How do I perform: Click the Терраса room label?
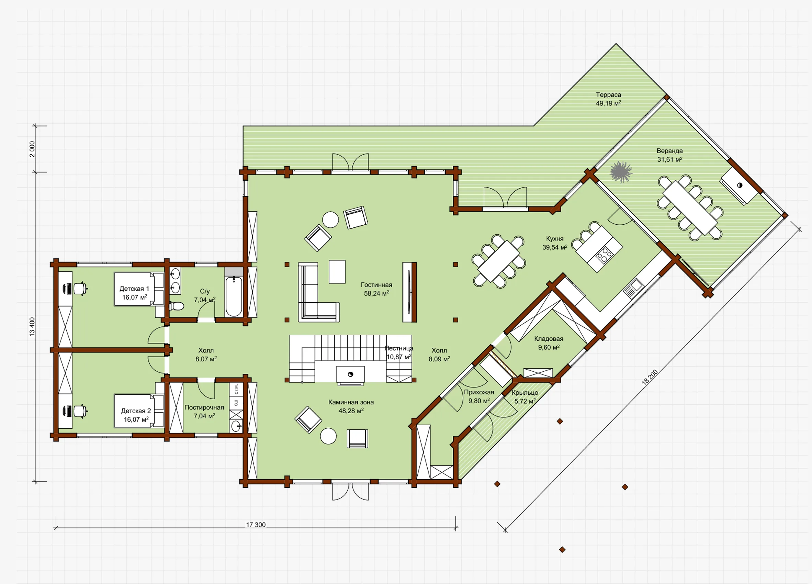tap(608, 94)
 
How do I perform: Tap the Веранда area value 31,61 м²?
tap(669, 159)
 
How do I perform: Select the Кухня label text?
tap(555, 238)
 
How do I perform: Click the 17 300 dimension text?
tap(256, 525)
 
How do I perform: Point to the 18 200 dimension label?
tap(650, 377)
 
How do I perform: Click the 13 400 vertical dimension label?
tap(32, 327)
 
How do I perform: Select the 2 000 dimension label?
tap(32, 149)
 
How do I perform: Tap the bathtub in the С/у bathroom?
tap(234, 296)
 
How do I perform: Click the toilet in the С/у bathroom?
tap(176, 306)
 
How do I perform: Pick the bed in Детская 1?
tap(138, 289)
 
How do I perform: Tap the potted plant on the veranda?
tap(621, 172)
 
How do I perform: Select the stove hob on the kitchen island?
tap(604, 255)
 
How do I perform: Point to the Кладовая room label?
tap(549, 339)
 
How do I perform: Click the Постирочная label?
tap(204, 407)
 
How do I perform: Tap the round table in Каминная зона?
tap(328, 436)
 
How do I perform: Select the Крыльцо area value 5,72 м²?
tap(525, 401)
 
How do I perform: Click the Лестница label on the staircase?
tap(399, 348)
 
